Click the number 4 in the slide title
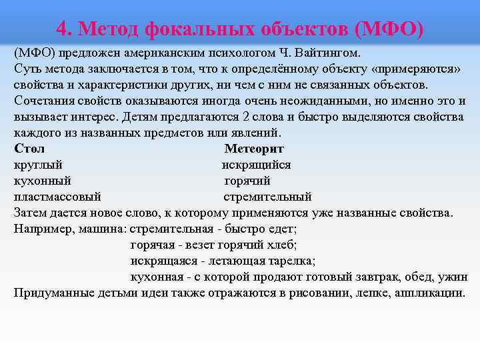[x=61, y=29]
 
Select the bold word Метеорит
[x=254, y=148]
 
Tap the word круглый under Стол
[x=38, y=165]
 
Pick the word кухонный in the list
[x=42, y=181]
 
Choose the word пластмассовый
[x=57, y=197]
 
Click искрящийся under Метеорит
[x=256, y=165]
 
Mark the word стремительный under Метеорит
[x=267, y=197]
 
